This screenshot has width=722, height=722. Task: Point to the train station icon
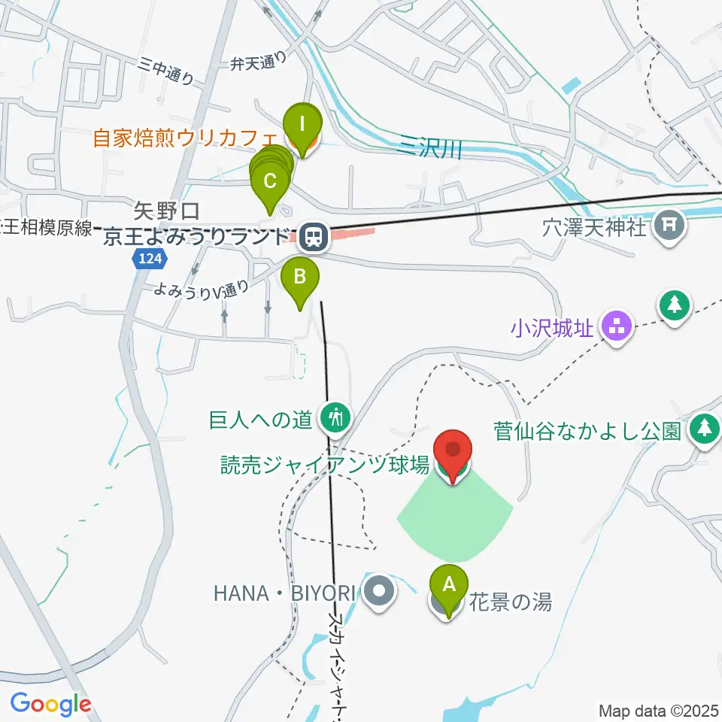coord(311,238)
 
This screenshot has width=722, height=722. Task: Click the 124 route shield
coord(150,259)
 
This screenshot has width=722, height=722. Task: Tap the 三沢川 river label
coord(429,149)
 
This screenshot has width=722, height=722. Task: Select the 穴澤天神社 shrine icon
coord(669,224)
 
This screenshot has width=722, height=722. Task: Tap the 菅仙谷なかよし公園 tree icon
coord(705,429)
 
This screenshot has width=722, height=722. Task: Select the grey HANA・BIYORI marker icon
coord(380,591)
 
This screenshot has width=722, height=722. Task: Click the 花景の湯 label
coord(511,602)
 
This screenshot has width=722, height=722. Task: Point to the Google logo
coord(50,705)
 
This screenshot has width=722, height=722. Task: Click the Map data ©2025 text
coord(658,710)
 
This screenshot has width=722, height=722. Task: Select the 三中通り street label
coord(166,72)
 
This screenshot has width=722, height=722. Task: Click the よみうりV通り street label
coord(202,290)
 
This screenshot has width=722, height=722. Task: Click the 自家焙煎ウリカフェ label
coord(185,139)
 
